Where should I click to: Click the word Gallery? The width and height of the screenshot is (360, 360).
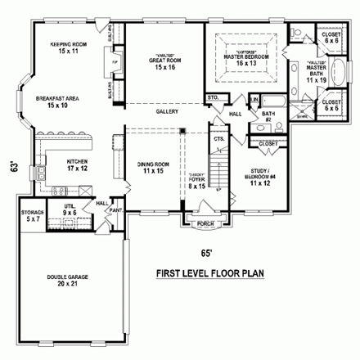(168, 110)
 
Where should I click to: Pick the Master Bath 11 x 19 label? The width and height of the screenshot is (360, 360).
(316, 75)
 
